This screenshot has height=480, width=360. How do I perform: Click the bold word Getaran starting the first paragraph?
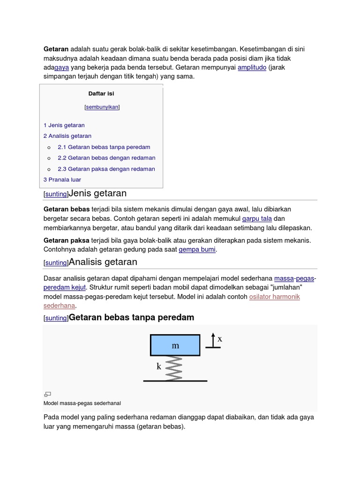pos(56,49)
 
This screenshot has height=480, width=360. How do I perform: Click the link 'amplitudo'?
pos(252,67)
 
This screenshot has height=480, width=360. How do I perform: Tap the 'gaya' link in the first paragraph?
pos(61,67)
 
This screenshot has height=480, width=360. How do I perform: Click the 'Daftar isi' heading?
pos(101,94)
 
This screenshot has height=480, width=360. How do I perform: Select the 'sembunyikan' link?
pos(102,107)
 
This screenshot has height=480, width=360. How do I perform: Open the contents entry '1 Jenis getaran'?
pos(64,125)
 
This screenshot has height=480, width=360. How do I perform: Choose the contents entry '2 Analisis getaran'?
pos(67,136)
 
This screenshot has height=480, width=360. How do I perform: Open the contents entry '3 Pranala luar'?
pos(62,180)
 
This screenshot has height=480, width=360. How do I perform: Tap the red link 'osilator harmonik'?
pos(274,297)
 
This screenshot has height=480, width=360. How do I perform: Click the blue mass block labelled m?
pos(175,345)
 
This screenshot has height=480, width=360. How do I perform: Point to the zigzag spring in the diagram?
pos(174,368)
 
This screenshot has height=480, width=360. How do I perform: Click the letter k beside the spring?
pos(159,367)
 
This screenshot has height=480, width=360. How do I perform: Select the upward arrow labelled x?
pos(213,340)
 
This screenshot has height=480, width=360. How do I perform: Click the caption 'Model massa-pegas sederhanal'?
pos(82,403)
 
